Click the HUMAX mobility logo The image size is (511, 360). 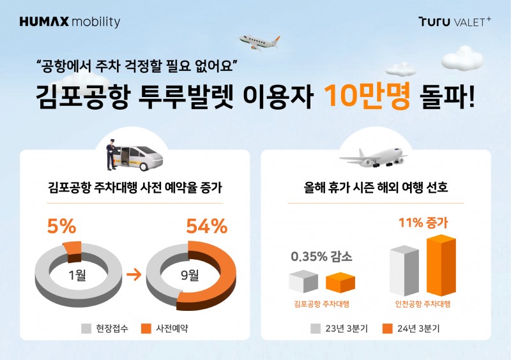pyautogui.click(x=70, y=22)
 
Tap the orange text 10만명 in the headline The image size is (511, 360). pyautogui.click(x=367, y=99)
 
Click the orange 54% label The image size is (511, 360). pyautogui.click(x=206, y=227)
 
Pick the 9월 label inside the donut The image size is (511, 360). pyautogui.click(x=190, y=276)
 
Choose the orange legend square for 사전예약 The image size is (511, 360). pyautogui.click(x=144, y=329)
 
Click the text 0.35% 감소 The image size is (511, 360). pyautogui.click(x=321, y=258)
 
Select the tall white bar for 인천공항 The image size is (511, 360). pyautogui.click(x=404, y=271)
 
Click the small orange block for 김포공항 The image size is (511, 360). pyautogui.click(x=340, y=283)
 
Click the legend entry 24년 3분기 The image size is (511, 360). pyautogui.click(x=411, y=329)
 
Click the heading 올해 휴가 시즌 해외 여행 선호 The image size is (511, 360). pyautogui.click(x=376, y=189)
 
